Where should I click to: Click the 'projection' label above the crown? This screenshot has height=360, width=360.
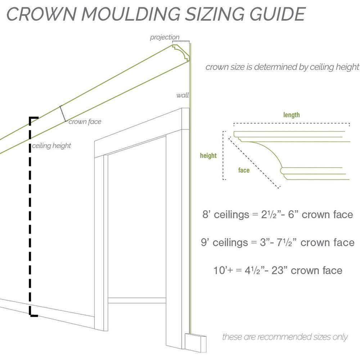pos(165,37)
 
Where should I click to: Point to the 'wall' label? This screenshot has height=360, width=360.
pos(182,95)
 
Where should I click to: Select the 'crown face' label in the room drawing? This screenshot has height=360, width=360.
pos(85,122)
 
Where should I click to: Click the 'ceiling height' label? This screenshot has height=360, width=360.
pos(51,146)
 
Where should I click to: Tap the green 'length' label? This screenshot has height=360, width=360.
pos(291,115)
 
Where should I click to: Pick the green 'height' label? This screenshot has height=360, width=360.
pos(208,156)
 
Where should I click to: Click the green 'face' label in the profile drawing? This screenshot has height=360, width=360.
pos(244,170)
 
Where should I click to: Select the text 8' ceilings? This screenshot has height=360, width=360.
pos(225,215)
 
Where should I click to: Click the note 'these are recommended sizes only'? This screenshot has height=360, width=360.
pos(285,337)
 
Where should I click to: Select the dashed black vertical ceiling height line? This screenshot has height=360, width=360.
pos(31,216)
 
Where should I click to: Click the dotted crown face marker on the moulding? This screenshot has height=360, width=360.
pos(63,113)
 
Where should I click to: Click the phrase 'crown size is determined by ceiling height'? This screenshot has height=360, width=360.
pos(282,67)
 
